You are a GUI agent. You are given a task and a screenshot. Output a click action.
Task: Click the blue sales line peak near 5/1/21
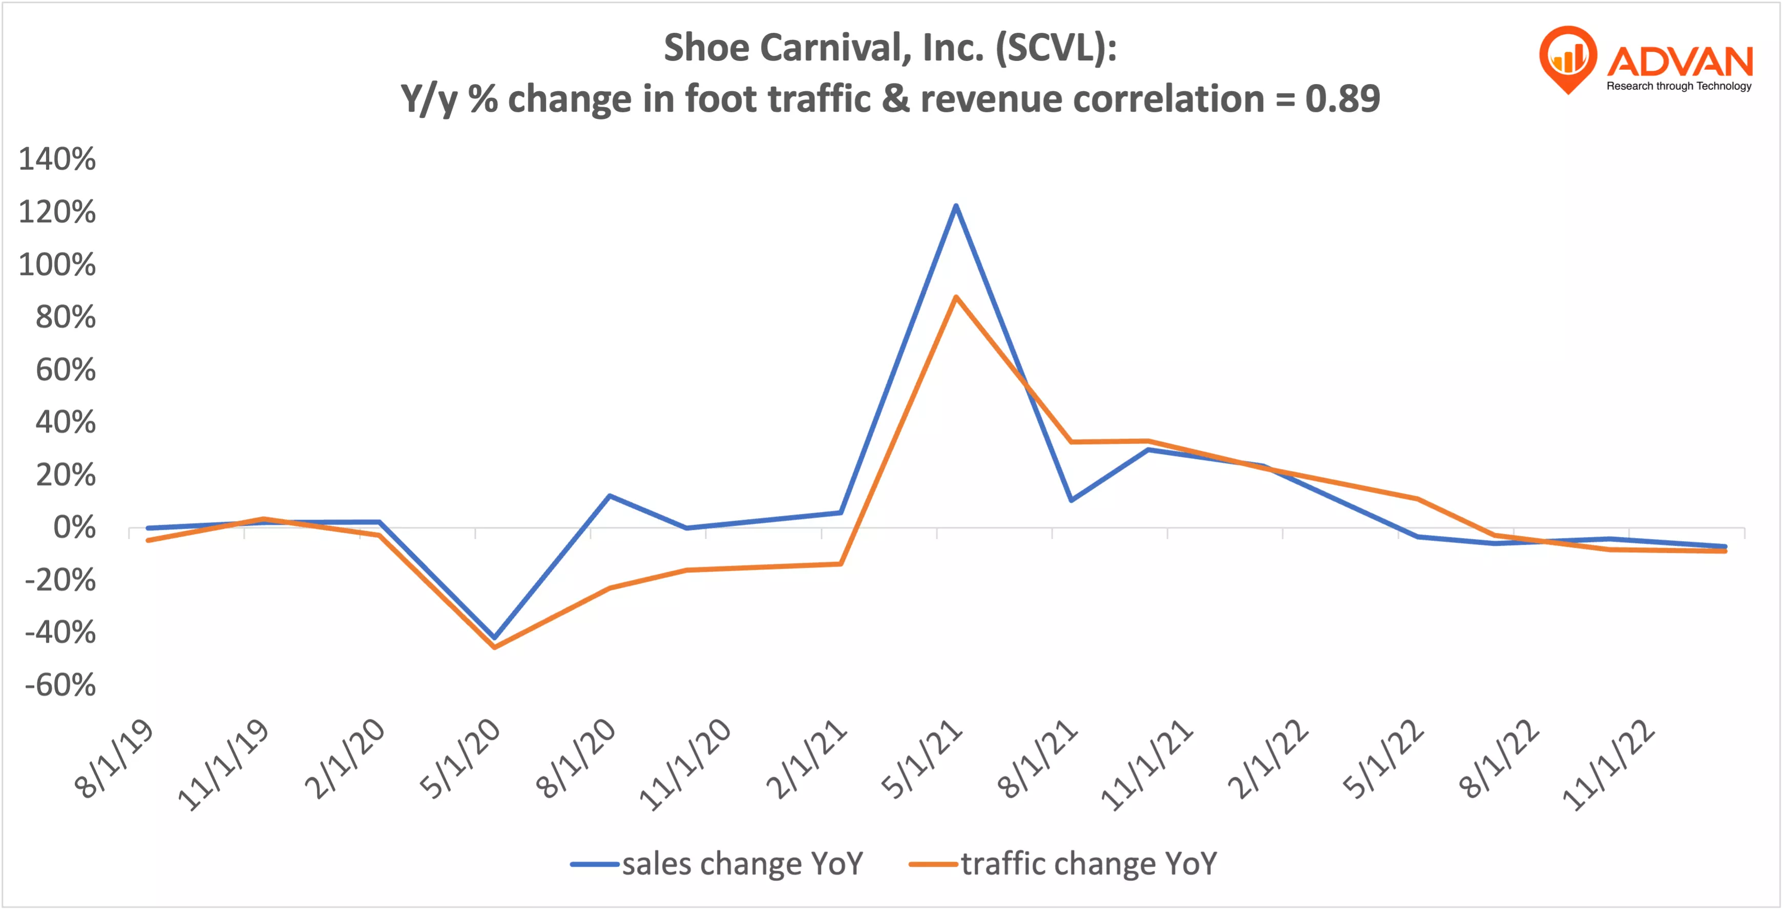pos(956,206)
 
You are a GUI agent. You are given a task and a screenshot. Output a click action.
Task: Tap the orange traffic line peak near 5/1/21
pos(956,297)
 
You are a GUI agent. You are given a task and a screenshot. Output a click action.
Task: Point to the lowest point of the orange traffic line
pos(494,647)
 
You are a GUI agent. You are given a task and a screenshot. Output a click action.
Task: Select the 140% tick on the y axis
pos(57,159)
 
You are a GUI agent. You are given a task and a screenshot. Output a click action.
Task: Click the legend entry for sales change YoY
pos(718,864)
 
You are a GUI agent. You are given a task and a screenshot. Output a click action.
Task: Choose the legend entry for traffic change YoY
pos(1064,864)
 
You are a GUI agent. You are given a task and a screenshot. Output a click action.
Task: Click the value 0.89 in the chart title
pos(1342,99)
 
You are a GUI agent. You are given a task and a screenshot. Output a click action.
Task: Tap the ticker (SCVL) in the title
pos(1056,47)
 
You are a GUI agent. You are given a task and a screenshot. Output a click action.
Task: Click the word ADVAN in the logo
pos(1680,61)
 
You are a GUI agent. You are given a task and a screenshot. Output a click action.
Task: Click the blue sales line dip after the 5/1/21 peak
pos(1072,500)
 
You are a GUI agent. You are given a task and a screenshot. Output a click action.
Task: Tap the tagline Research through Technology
pos(1678,86)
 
